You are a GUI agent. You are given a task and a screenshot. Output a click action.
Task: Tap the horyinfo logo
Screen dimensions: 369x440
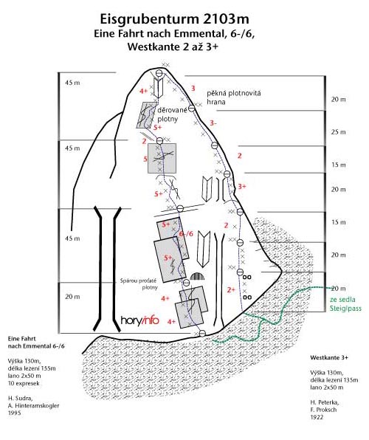coord(140,320)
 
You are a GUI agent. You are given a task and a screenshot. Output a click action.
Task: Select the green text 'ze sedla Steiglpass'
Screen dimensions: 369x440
coord(345,304)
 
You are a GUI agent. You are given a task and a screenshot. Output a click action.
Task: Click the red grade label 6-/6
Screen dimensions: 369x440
coord(186,234)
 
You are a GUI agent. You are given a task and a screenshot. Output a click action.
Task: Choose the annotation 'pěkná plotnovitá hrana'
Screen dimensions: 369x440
coord(234,97)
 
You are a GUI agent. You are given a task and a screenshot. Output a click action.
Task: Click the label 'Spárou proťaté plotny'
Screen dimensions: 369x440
coord(138,283)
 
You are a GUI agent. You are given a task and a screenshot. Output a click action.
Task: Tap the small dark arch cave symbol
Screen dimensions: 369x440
coord(198,276)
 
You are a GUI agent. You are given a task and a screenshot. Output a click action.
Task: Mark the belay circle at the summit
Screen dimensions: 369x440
coord(159,73)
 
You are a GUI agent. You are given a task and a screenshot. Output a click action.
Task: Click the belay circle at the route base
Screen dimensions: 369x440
coord(202,334)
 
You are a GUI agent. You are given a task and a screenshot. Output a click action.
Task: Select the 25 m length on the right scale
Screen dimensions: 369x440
coord(338,132)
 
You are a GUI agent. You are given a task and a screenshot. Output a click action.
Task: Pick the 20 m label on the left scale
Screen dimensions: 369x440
coord(72,297)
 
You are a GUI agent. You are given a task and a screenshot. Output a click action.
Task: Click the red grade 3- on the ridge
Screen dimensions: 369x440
coord(213,123)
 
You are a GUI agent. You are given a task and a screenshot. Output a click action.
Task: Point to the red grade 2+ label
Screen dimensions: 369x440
coord(231,290)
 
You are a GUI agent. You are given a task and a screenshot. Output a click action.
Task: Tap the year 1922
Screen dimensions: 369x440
coord(317,417)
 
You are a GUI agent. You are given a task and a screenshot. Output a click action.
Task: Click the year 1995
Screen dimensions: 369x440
coord(14,413)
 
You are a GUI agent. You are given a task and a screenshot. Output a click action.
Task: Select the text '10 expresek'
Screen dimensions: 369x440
coord(24,383)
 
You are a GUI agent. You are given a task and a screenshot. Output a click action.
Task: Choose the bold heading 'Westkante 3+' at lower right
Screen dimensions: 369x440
coord(329,357)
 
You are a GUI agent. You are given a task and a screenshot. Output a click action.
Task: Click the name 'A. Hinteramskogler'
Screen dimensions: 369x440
coord(34,405)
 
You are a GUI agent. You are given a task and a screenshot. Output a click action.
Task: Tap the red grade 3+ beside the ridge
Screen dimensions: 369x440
coord(242,186)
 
